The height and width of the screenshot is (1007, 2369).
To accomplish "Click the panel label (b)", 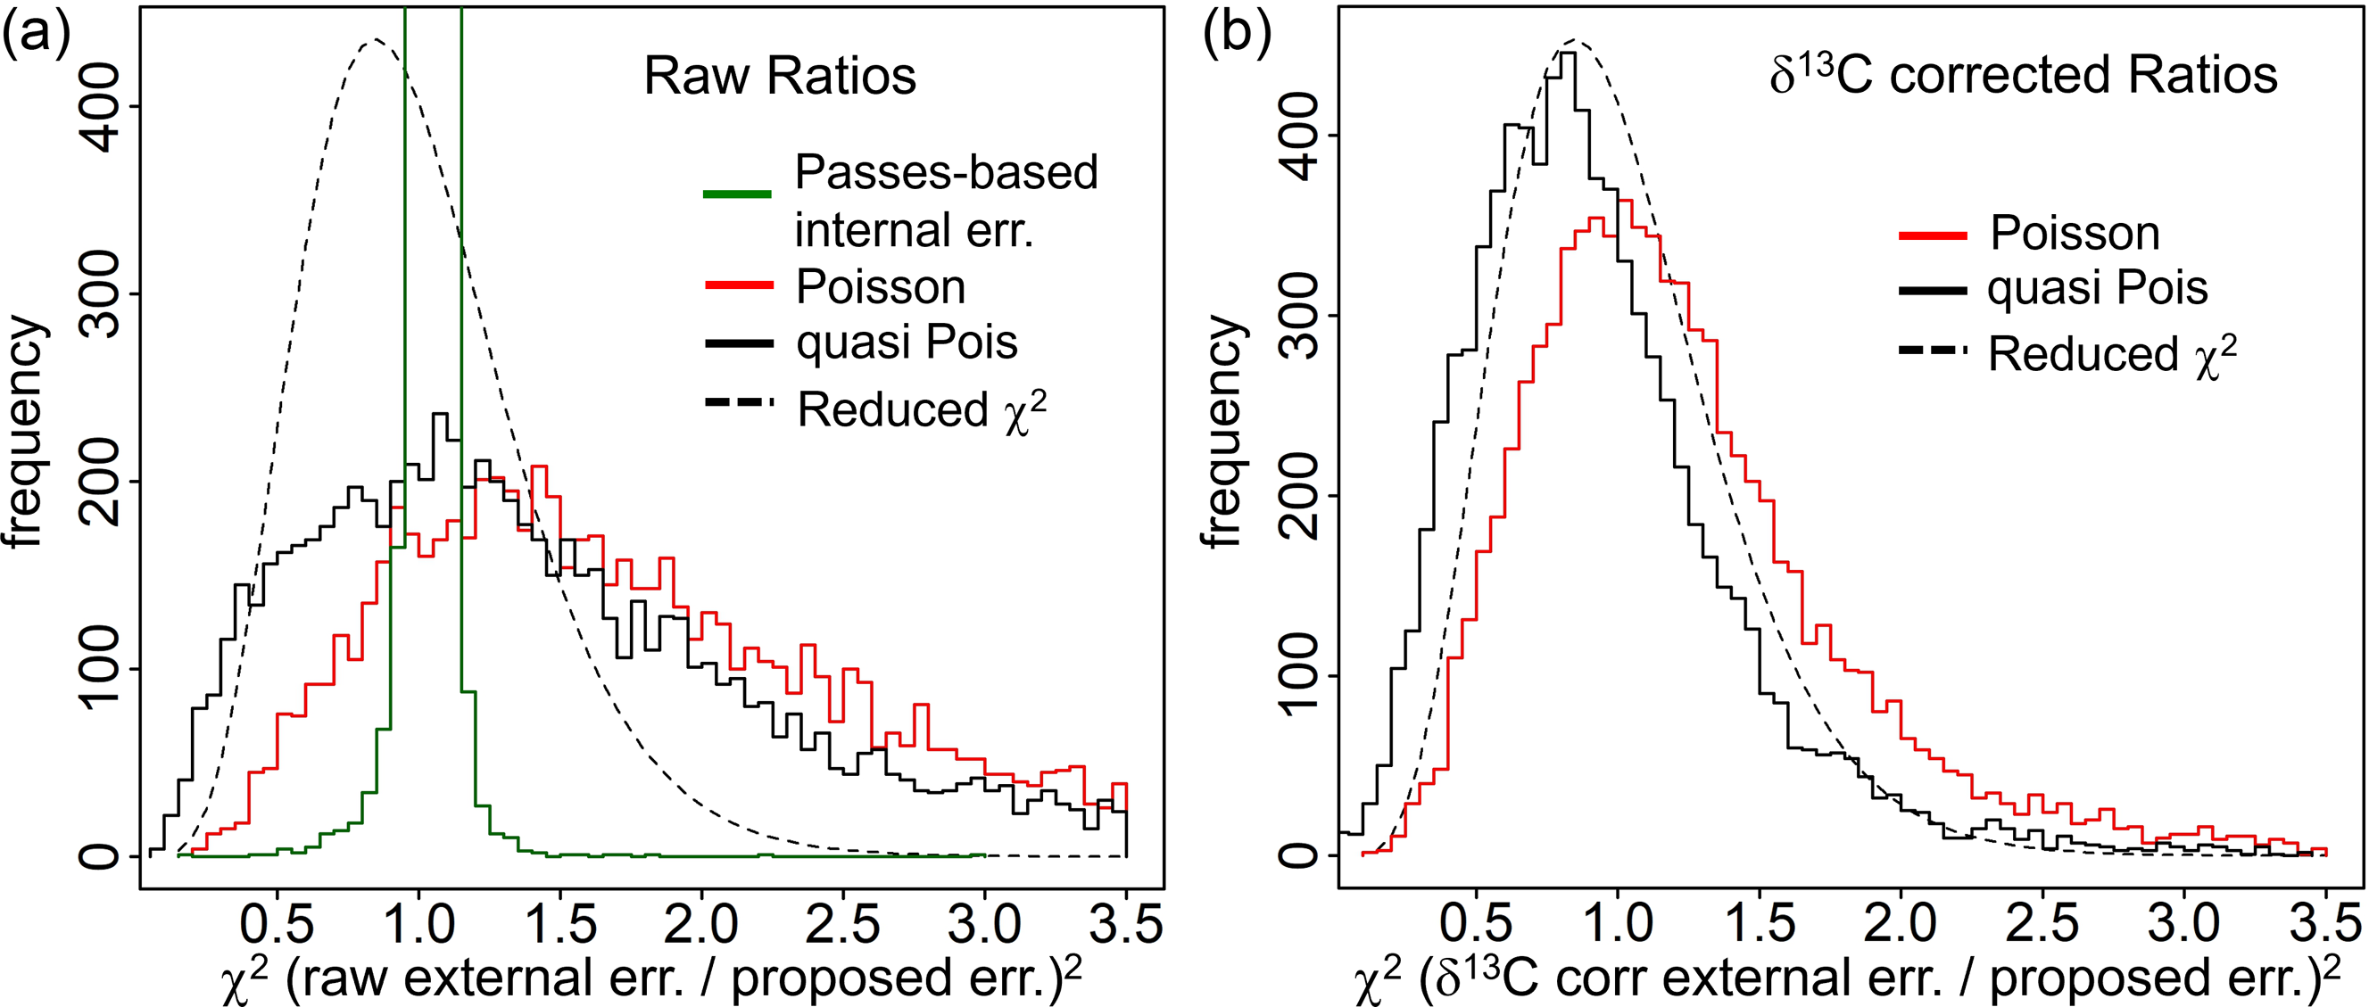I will (x=1237, y=37).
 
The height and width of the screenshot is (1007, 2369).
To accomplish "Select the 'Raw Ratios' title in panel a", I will (x=779, y=77).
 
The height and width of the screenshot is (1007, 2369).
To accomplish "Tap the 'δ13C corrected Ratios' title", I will (x=2022, y=77).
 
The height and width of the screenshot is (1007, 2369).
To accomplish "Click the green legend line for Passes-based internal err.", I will (x=737, y=194).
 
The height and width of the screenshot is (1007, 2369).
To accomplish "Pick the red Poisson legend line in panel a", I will (x=739, y=286).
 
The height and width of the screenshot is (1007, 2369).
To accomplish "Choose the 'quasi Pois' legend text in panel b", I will (x=2098, y=289).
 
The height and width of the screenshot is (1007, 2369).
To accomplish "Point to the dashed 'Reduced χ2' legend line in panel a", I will (x=739, y=403).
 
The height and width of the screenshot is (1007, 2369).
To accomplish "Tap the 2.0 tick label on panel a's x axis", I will (x=701, y=924).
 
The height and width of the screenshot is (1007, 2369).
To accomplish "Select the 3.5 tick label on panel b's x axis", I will (x=2323, y=924).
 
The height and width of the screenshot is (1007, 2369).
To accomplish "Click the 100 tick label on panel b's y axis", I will (x=1297, y=675).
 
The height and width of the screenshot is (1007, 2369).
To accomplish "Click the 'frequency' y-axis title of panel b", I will (x=1222, y=432).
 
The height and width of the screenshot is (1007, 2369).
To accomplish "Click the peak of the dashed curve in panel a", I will (x=376, y=40).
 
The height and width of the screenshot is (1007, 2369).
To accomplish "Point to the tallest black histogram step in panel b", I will (x=1569, y=54).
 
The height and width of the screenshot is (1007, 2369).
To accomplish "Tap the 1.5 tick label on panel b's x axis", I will (x=1759, y=924).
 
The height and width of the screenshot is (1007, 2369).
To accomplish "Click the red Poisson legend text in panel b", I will (x=2074, y=234).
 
